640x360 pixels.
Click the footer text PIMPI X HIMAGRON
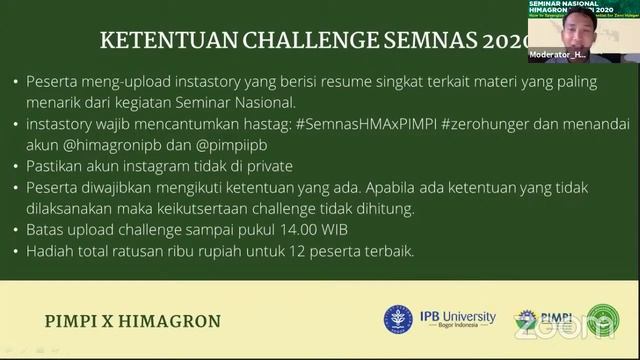pos(134,321)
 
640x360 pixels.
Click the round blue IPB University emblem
pos(398,320)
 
